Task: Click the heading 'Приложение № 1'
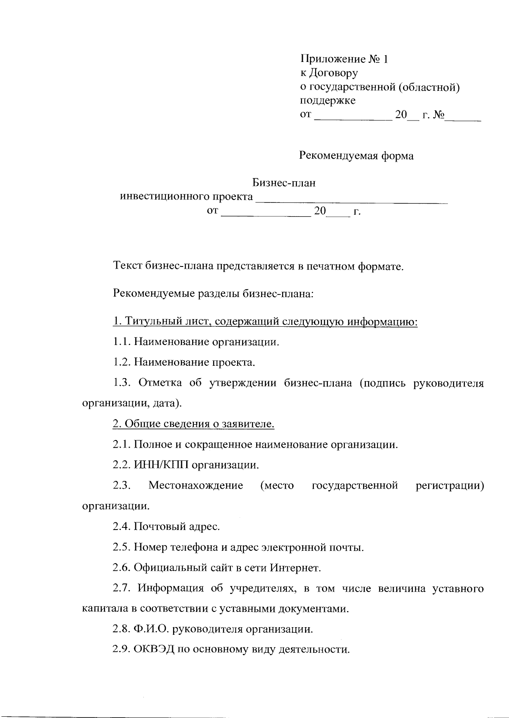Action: (x=344, y=59)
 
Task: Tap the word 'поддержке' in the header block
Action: (x=328, y=101)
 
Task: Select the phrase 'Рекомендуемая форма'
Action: (x=356, y=156)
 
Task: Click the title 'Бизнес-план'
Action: (x=284, y=183)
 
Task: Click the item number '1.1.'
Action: (x=123, y=342)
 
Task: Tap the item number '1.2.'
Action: (x=123, y=362)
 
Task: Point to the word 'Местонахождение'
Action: (x=196, y=485)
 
